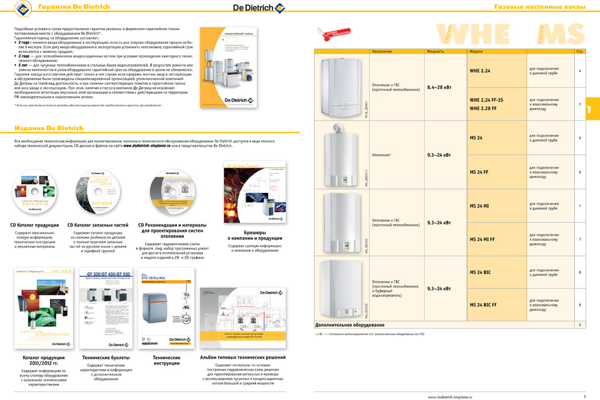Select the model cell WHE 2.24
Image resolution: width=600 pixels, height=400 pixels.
480,71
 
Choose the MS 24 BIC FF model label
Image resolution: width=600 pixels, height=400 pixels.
483,305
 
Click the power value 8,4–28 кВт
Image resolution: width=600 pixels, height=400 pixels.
439,87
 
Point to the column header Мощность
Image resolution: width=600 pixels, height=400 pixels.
436,52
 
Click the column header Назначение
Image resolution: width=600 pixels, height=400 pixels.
382,52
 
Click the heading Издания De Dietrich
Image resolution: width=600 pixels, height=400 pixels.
49,128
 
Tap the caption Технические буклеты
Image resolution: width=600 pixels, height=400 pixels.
99,357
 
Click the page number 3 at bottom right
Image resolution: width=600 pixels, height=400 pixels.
584,396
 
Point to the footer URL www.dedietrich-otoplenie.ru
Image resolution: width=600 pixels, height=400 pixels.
450,396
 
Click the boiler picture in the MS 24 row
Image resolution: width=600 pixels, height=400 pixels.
342,154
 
